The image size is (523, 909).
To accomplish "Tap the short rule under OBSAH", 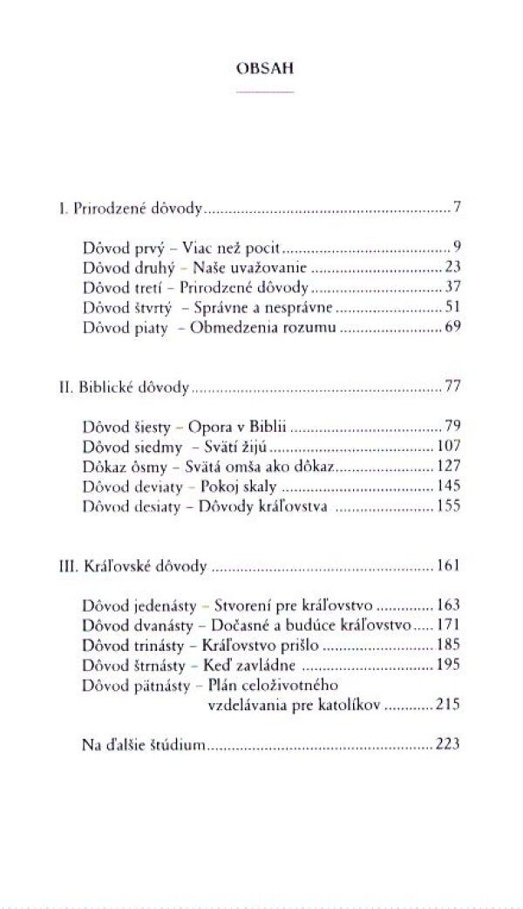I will pyautogui.click(x=261, y=91).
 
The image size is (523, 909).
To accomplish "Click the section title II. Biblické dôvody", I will pyautogui.click(x=121, y=386).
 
